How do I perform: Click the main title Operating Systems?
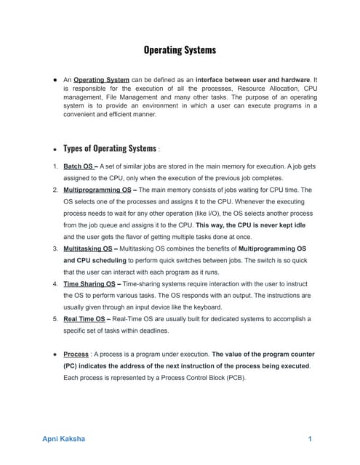click(179, 51)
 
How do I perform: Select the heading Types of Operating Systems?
click(109, 148)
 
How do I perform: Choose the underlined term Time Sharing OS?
click(92, 284)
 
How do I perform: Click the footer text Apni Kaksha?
click(63, 439)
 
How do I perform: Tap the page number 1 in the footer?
click(310, 439)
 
